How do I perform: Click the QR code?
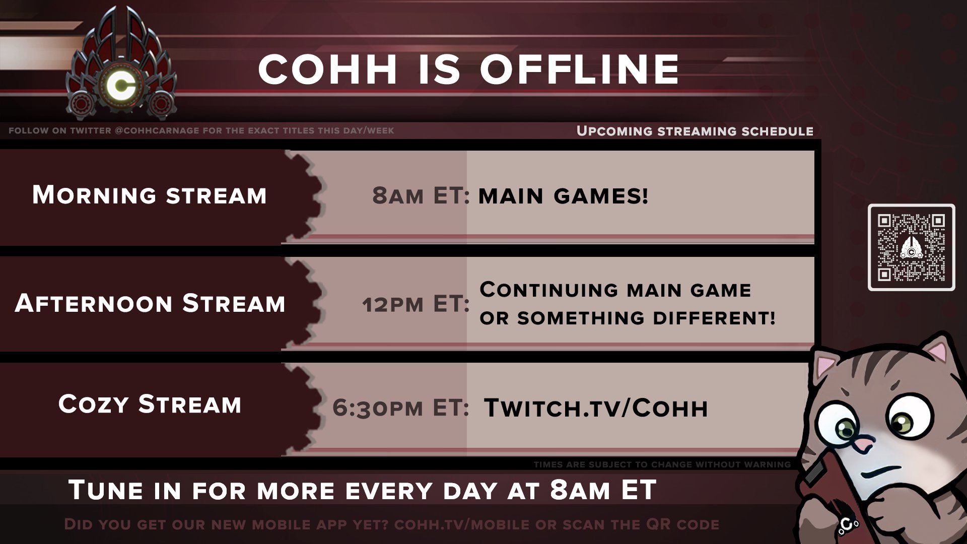pos(911,247)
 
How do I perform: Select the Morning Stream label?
pos(150,195)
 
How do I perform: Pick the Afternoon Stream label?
pos(150,303)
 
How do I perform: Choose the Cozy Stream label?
pos(150,404)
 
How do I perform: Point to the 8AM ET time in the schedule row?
pos(421,195)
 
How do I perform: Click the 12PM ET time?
pos(416,304)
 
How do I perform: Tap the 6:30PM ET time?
pos(401,407)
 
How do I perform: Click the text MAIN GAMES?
pos(563,196)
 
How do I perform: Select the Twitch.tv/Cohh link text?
pos(596,408)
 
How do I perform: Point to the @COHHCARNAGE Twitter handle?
pos(157,130)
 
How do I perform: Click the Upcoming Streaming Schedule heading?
pos(695,131)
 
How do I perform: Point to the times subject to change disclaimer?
pos(662,464)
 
